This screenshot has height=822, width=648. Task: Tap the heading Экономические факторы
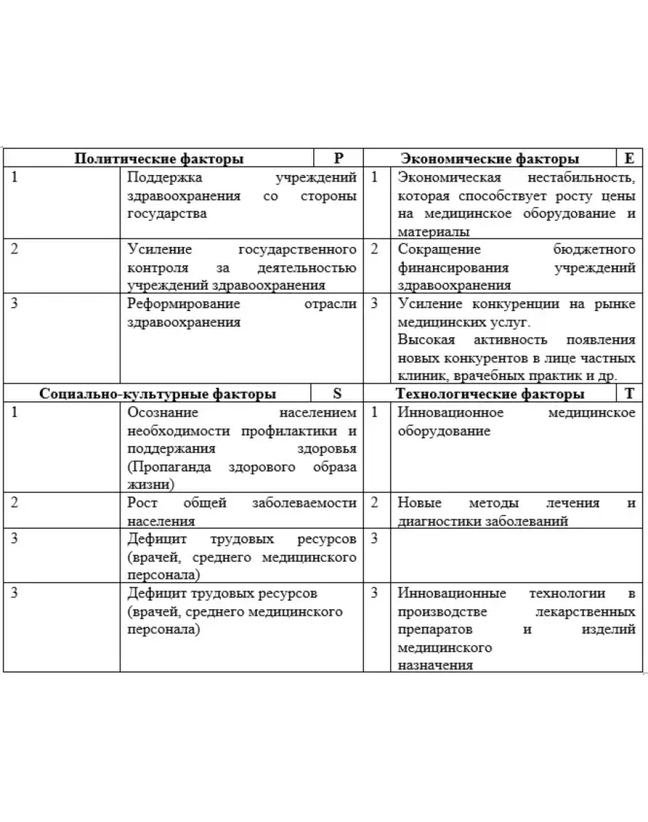pos(489,159)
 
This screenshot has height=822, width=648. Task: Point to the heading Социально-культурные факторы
pos(158,394)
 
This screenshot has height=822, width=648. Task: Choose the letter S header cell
pos(337,394)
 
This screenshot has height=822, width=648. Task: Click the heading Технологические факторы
pos(490,394)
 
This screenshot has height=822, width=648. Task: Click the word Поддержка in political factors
pos(164,177)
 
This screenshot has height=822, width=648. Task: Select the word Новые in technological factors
pos(419,503)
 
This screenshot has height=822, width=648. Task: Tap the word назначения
pos(435,665)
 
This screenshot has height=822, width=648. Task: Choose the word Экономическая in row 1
pos(449,177)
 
